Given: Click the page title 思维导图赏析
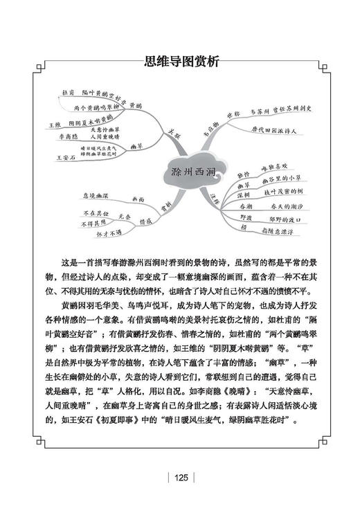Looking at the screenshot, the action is click(179, 61).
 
